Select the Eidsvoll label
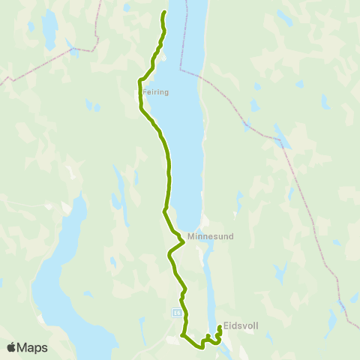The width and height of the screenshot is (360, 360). point(241,327)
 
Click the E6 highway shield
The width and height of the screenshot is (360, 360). point(177,312)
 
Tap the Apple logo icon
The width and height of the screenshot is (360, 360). point(12,347)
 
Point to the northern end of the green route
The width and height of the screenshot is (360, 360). point(164,13)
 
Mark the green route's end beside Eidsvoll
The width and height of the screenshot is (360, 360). point(219,325)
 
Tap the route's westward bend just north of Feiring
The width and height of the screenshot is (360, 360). point(140,79)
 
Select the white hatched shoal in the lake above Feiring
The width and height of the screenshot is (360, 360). point(163,58)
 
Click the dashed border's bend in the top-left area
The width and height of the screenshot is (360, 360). point(74,50)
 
